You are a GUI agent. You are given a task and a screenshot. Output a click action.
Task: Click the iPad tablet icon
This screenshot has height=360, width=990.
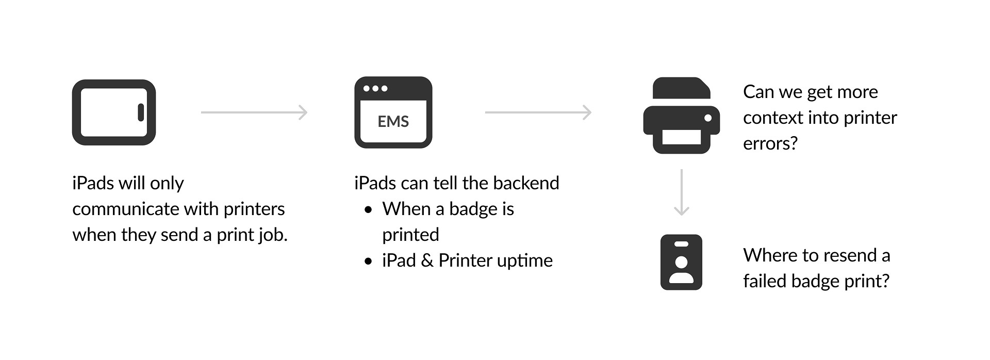(x=114, y=112)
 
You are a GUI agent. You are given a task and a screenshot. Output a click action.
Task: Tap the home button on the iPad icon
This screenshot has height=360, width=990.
(x=141, y=112)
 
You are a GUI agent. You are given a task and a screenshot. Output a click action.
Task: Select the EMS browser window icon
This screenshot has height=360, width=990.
(x=393, y=112)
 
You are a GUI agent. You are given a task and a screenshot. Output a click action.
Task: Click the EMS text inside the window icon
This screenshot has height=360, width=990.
(x=393, y=122)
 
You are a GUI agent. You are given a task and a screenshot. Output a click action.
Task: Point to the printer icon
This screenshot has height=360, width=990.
(x=681, y=116)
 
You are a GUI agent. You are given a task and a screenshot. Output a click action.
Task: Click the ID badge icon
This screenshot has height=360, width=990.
(x=681, y=262)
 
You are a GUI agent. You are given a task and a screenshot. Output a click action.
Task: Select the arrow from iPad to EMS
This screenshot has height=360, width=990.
(x=254, y=112)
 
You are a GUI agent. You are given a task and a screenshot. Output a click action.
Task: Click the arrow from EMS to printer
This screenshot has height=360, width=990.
(x=538, y=112)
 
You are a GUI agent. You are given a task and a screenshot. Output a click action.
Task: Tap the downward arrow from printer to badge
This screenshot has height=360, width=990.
(x=682, y=192)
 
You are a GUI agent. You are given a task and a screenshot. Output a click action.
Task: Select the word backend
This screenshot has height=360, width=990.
(x=526, y=183)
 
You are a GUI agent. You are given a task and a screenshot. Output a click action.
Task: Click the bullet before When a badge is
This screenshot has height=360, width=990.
(x=368, y=210)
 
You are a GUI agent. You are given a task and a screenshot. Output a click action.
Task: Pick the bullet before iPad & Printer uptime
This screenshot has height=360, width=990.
(x=368, y=261)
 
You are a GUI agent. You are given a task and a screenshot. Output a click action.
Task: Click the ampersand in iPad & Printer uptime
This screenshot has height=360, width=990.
(x=426, y=261)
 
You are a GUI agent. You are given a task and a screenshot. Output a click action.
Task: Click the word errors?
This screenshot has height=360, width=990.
(x=770, y=143)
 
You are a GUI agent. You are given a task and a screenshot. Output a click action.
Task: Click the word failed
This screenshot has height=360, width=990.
(x=765, y=281)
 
